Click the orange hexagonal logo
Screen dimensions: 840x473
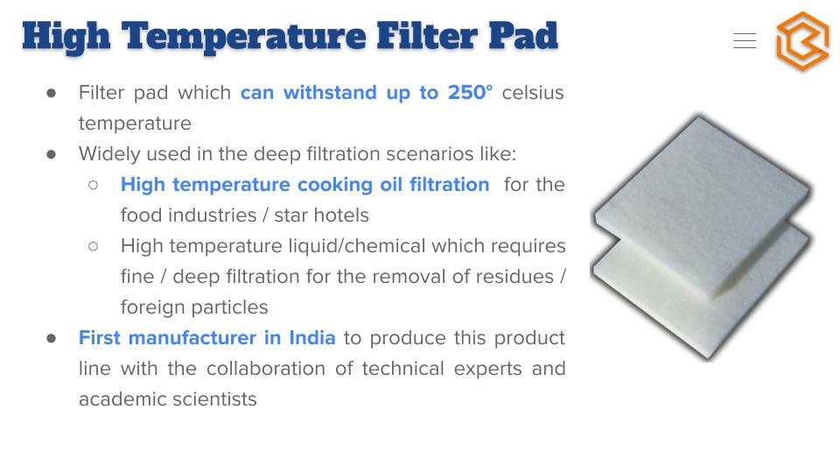pos(802,41)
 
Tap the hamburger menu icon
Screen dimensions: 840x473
pos(745,41)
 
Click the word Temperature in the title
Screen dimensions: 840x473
pos(244,37)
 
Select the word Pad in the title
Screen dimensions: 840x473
pos(523,36)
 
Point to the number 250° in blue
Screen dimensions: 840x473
pos(470,92)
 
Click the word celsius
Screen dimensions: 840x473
pos(533,92)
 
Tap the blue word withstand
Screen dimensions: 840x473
pos(330,92)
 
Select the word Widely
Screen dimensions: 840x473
pos(109,154)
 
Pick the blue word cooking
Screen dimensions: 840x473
pos(335,185)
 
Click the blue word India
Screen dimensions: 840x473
pos(312,338)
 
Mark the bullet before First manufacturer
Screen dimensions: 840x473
pos(52,338)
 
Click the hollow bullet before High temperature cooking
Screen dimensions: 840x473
pos(94,185)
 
